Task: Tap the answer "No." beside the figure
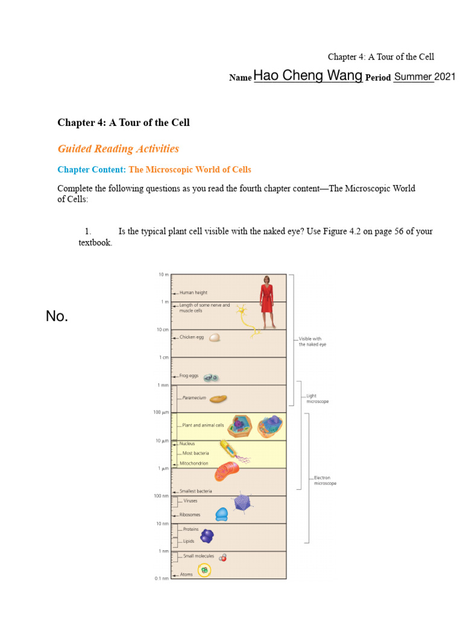pyautogui.click(x=57, y=316)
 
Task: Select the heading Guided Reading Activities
pyautogui.click(x=118, y=148)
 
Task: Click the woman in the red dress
pyautogui.click(x=266, y=301)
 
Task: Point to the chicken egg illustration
pyautogui.click(x=215, y=337)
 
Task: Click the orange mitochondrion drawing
pyautogui.click(x=227, y=471)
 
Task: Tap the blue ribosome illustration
pyautogui.click(x=222, y=514)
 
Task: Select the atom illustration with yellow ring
pyautogui.click(x=204, y=569)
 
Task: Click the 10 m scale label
pyautogui.click(x=163, y=274)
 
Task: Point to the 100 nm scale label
pyautogui.click(x=160, y=496)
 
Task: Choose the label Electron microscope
pyautogui.click(x=325, y=480)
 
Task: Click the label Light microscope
pyautogui.click(x=318, y=399)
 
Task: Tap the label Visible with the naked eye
pyautogui.click(x=312, y=342)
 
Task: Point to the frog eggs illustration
pyautogui.click(x=210, y=377)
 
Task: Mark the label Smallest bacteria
pyautogui.click(x=195, y=491)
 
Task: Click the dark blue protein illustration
pyautogui.click(x=207, y=535)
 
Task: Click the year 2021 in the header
pyautogui.click(x=445, y=77)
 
